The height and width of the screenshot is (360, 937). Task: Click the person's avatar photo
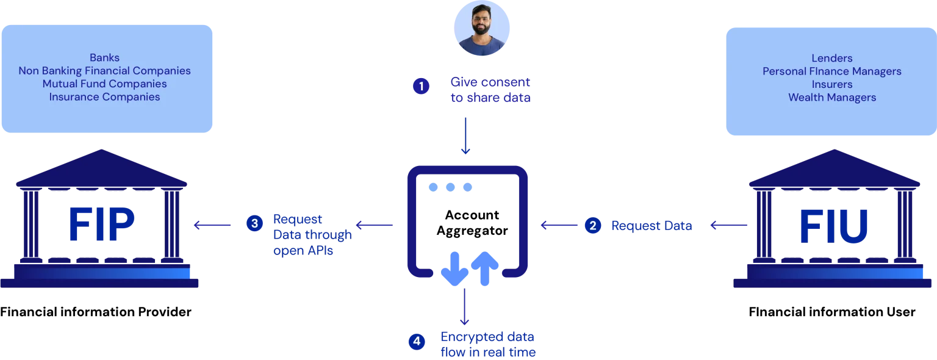(482, 29)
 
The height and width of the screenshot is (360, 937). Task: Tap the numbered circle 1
(420, 87)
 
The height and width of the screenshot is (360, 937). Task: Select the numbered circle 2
(592, 226)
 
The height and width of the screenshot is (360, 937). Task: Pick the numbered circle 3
(254, 223)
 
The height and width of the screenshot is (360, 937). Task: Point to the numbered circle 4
(417, 342)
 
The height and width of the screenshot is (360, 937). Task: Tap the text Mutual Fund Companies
(104, 84)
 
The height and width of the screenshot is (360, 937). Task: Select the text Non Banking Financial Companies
(104, 71)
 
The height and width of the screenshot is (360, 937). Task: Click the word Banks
(104, 58)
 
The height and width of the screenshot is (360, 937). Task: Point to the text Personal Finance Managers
(831, 71)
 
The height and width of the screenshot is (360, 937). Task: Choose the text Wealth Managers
(831, 97)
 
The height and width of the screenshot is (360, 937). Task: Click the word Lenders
(831, 59)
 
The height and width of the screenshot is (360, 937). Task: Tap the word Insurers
(831, 84)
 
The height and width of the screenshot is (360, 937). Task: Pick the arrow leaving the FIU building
(730, 226)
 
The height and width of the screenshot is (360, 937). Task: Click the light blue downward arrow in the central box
(453, 269)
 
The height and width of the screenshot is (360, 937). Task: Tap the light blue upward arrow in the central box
(485, 269)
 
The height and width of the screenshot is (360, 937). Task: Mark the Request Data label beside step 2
(651, 226)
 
